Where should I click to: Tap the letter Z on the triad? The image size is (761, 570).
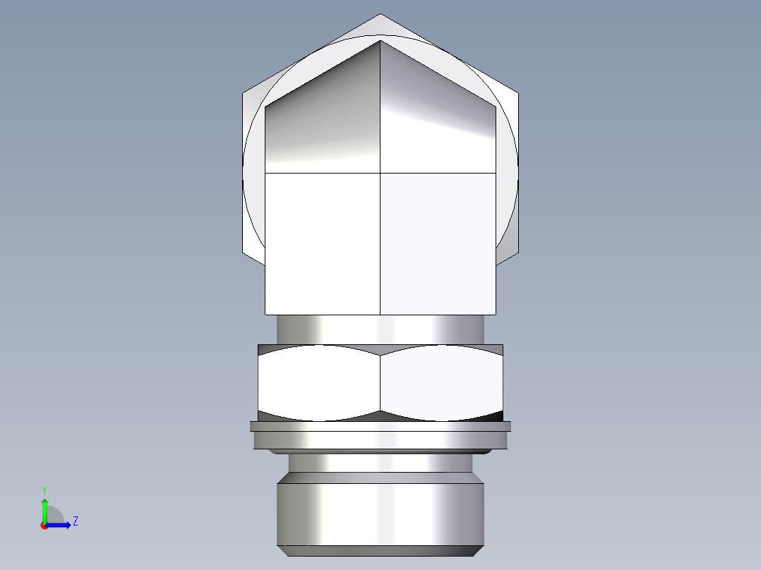(75, 521)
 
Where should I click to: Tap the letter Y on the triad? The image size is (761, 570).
(44, 490)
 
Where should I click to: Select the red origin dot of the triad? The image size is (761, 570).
(44, 526)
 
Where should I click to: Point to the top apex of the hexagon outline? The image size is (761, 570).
(380, 14)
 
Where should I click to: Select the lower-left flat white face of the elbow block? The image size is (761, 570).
(323, 243)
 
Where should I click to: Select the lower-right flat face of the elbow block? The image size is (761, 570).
(438, 243)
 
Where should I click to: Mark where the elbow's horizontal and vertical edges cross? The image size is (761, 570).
(380, 173)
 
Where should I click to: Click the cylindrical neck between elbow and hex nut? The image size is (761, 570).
(380, 329)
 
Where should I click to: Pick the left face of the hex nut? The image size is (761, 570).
(319, 381)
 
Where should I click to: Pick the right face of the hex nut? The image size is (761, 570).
(442, 381)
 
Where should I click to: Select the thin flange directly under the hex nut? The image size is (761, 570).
(380, 426)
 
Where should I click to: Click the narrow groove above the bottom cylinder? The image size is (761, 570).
(380, 463)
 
